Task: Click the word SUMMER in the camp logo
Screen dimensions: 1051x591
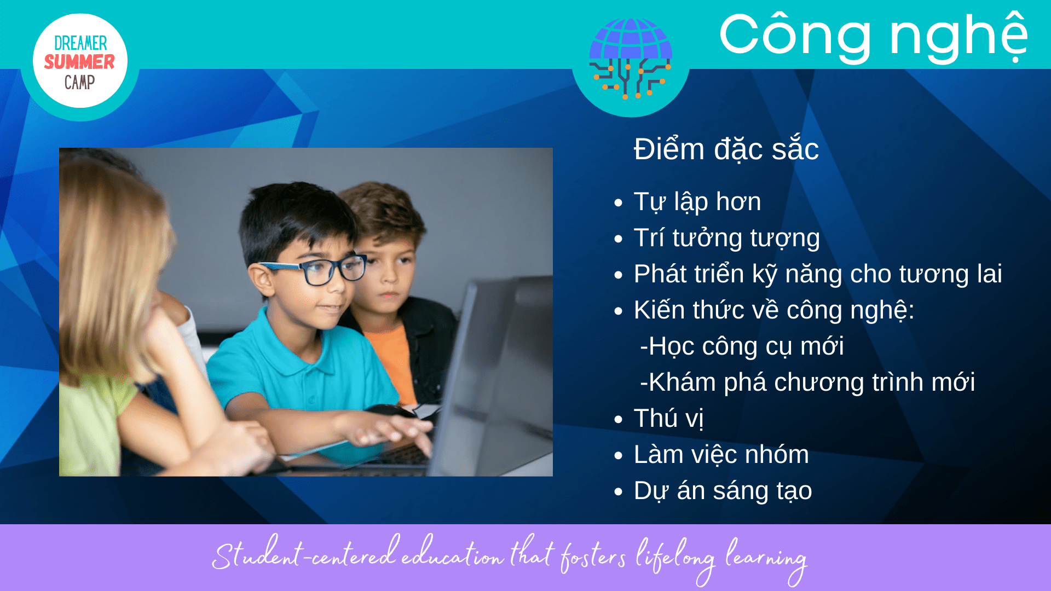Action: (79, 62)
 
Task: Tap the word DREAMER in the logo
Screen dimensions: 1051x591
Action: (80, 43)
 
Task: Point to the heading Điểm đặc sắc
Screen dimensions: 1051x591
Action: (726, 149)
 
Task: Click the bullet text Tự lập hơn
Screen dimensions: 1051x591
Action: (697, 201)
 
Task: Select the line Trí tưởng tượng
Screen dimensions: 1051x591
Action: (726, 238)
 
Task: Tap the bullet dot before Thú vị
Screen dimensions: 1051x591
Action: (619, 420)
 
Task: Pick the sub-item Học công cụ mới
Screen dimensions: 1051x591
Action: (742, 346)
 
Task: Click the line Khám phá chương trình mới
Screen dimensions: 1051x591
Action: (807, 382)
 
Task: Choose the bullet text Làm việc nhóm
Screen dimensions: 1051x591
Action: (721, 454)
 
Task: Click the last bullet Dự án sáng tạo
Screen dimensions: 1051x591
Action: (723, 491)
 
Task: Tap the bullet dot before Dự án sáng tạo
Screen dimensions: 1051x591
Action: (619, 492)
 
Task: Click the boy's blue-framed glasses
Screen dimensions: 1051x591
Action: (315, 269)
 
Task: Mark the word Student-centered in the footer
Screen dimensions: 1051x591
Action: (304, 553)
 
